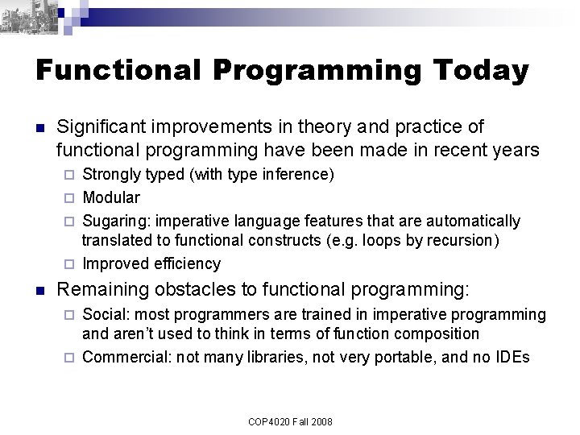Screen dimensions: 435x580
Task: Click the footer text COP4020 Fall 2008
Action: click(290, 421)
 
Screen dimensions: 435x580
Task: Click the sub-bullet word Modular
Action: click(111, 197)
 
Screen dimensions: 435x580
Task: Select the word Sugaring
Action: click(113, 221)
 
